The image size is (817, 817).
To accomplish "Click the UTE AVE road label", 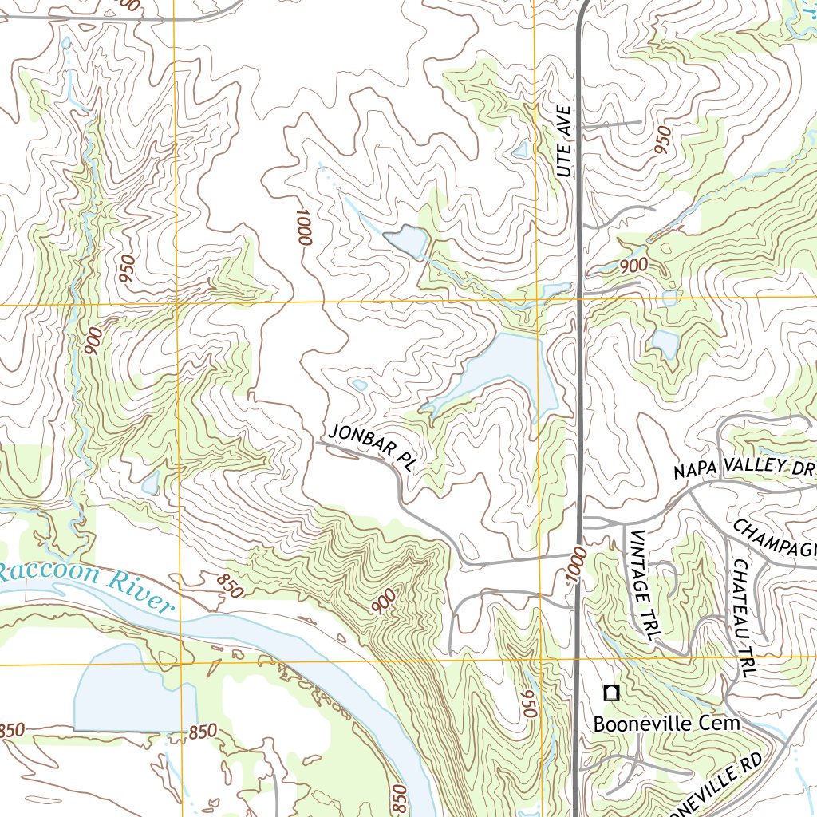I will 565,141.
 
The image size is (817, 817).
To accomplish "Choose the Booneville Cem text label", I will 667,724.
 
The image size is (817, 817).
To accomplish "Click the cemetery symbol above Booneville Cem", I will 612,693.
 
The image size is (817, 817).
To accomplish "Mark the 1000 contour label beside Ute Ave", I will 578,566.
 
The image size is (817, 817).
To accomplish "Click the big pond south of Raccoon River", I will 132,690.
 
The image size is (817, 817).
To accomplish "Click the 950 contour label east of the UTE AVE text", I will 661,140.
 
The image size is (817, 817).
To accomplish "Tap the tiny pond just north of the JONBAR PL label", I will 360,385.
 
